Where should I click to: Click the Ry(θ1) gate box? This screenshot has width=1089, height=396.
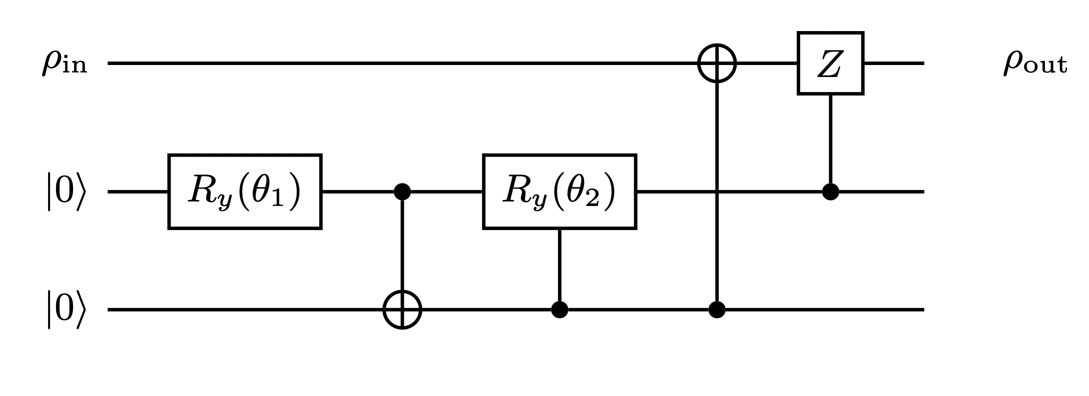(x=245, y=192)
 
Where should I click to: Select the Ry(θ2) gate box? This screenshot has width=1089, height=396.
(x=559, y=192)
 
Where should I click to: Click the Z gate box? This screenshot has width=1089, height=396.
(x=830, y=63)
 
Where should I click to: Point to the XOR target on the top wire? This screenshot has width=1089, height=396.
(x=717, y=63)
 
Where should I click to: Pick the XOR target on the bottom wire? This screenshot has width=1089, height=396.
(x=402, y=310)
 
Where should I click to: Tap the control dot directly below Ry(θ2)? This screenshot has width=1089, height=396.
(x=559, y=310)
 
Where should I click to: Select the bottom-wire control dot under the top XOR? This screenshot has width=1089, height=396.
(x=717, y=310)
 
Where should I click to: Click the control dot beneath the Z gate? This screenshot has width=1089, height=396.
(x=830, y=192)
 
